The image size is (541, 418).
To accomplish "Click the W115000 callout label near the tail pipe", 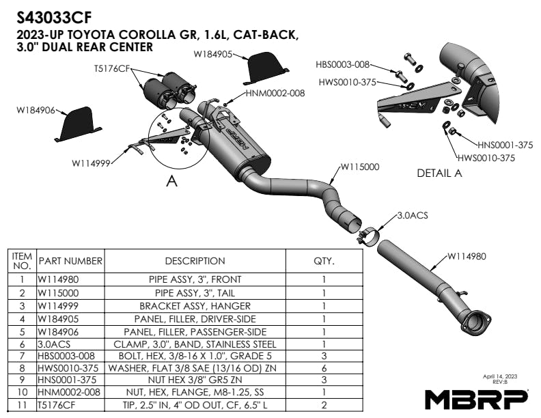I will coord(359,166).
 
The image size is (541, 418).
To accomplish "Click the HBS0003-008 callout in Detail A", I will coord(343,65).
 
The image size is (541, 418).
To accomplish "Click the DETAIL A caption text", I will coord(439,173).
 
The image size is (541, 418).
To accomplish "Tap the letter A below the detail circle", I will coord(172,182).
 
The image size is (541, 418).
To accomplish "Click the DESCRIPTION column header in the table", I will coord(195,260).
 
